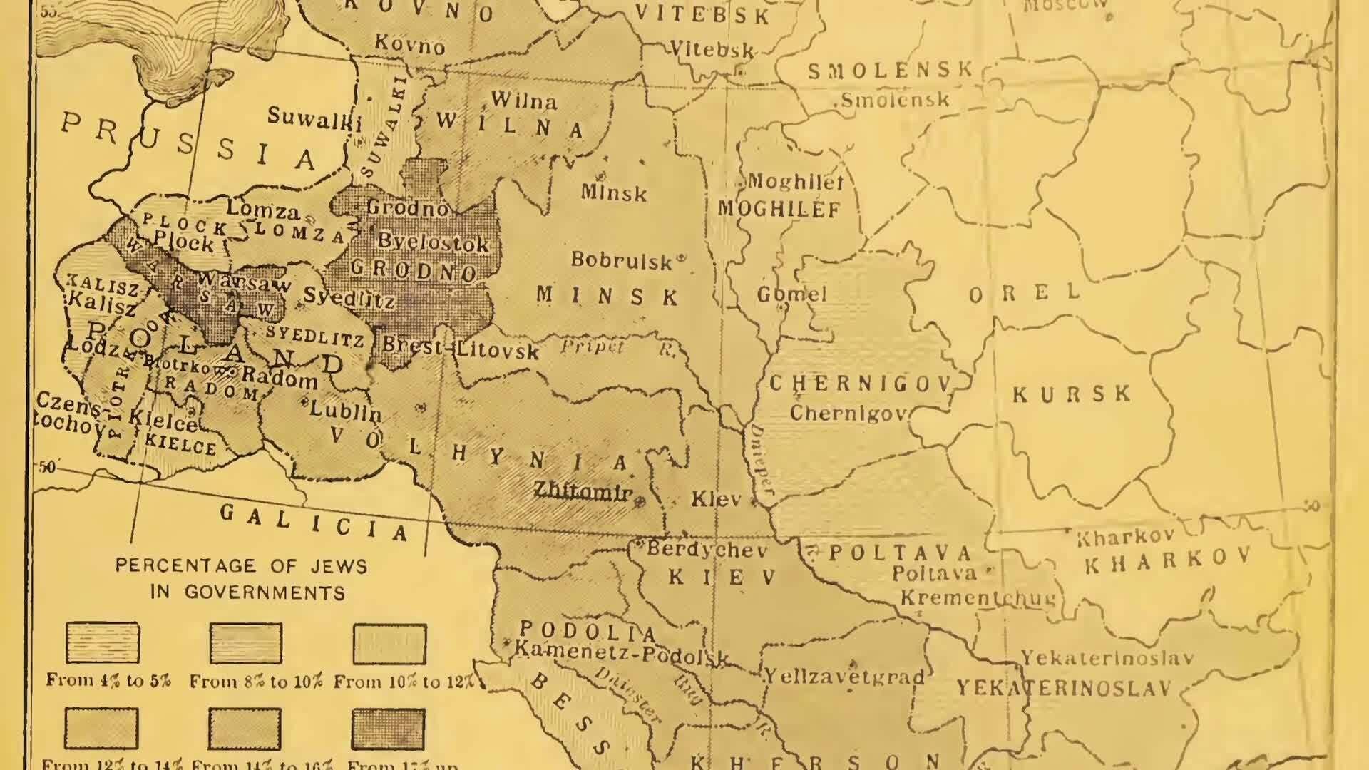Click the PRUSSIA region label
189,142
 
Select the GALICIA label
314,522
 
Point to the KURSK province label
1072,394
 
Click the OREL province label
1025,293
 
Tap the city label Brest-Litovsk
461,348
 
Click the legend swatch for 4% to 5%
103,642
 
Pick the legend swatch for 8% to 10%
246,642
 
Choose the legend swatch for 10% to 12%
389,644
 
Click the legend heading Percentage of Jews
241,566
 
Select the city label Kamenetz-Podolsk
620,652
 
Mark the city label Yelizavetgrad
844,675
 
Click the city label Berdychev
707,550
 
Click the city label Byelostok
433,242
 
